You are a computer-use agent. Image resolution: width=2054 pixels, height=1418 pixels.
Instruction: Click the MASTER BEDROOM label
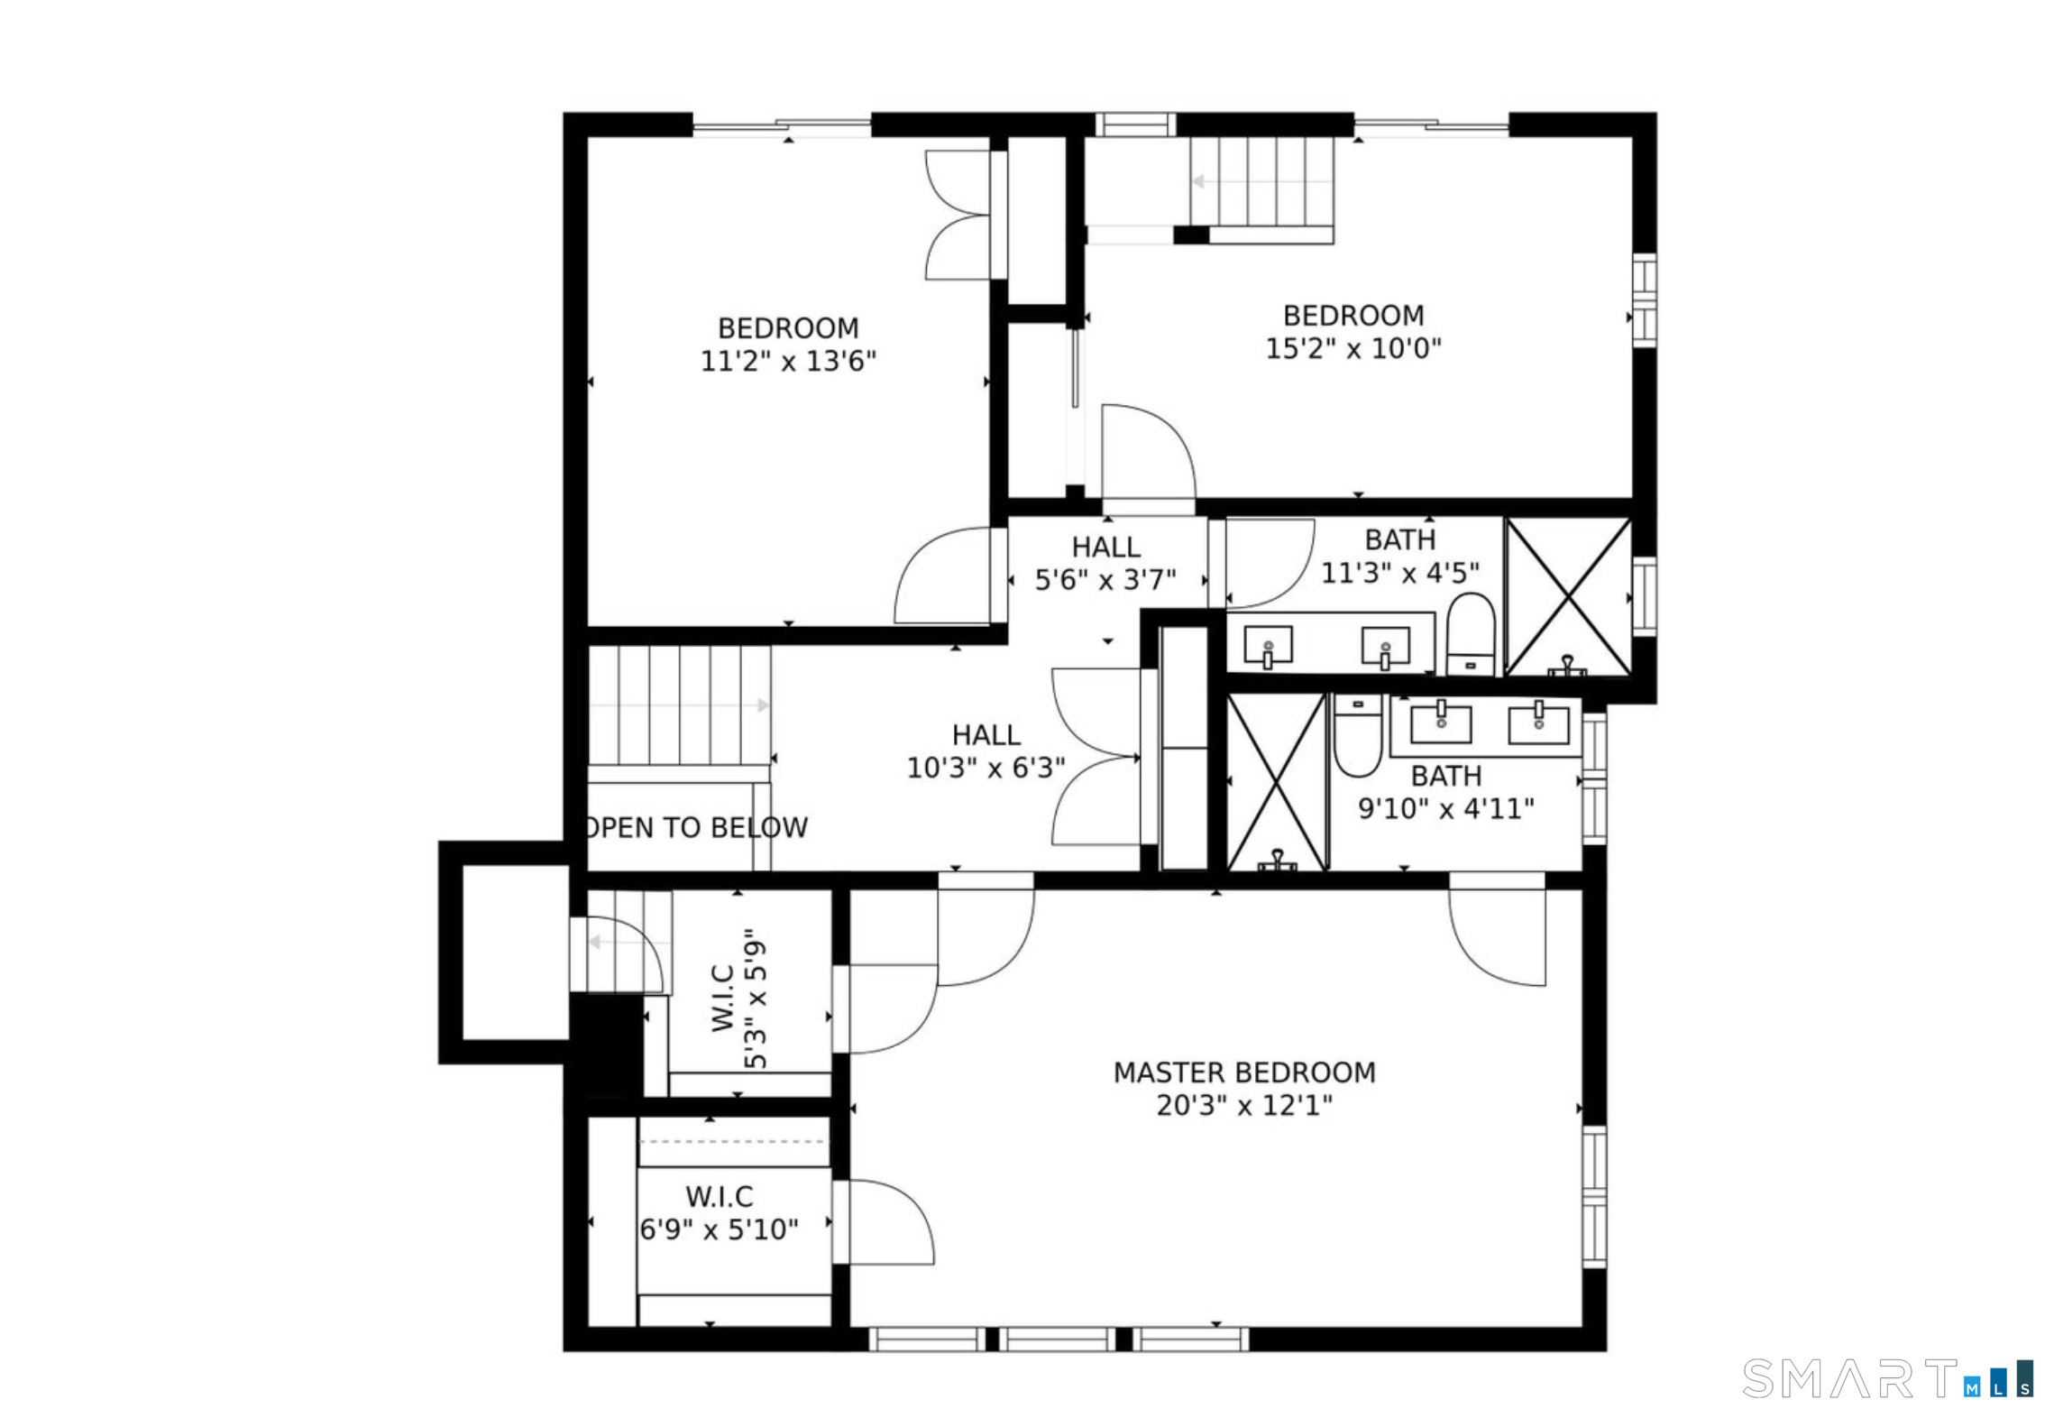(1243, 1073)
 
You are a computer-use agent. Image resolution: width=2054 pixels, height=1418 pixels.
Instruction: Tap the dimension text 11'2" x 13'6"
(788, 361)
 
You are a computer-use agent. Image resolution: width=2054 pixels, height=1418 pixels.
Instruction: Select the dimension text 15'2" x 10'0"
(1353, 348)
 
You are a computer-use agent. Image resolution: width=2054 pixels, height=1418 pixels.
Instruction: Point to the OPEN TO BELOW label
(697, 827)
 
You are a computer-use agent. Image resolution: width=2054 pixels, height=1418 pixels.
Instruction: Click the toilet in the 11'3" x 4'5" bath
(1471, 633)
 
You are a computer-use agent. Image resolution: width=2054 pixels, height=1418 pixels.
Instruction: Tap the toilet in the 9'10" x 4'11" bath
(1358, 735)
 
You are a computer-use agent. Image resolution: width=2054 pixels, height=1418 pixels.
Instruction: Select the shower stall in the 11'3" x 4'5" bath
(1569, 596)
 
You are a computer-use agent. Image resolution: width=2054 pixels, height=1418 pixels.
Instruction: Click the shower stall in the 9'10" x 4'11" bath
(1277, 781)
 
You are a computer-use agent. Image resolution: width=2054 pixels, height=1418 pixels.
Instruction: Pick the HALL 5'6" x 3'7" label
(1105, 563)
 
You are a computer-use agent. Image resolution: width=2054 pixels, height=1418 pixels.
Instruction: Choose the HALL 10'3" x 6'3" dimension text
(986, 768)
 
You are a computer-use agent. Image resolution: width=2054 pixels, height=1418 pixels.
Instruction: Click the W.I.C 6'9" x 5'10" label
(719, 1212)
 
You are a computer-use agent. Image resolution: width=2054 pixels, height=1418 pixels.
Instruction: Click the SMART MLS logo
(1888, 1378)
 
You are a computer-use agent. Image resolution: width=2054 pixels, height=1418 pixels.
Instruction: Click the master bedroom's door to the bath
(1497, 936)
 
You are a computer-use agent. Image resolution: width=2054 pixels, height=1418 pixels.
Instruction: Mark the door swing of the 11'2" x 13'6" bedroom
(942, 575)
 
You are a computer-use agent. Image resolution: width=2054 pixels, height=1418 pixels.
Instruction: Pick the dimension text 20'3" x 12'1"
(1244, 1105)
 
